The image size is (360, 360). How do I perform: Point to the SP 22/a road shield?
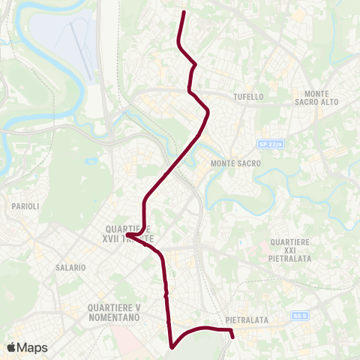click(268, 143)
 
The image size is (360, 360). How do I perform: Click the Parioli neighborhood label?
click(25, 205)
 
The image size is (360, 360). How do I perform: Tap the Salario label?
click(70, 267)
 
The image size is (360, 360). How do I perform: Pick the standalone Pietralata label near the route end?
click(246, 320)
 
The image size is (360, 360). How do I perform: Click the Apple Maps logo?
click(27, 347)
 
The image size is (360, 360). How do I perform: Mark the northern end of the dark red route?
click(184, 12)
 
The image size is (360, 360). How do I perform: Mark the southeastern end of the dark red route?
click(233, 337)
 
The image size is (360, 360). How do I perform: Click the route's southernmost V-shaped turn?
click(172, 347)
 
